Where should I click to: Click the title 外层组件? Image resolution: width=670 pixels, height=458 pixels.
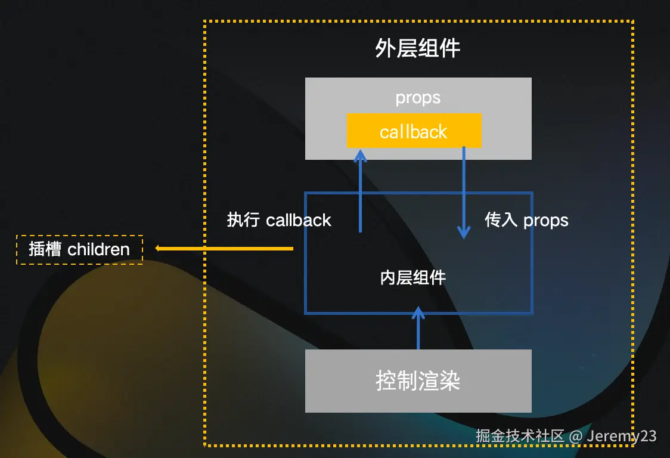(x=418, y=49)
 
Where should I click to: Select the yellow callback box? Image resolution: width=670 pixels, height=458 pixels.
(x=414, y=131)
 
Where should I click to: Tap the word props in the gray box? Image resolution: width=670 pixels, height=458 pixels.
(x=418, y=98)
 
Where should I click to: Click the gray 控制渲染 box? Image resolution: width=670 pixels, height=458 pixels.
(x=418, y=380)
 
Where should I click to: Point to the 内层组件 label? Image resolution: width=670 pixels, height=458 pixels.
(x=413, y=277)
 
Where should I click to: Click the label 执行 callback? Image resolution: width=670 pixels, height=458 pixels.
(x=279, y=220)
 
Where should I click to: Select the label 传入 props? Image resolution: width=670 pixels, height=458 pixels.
(x=526, y=220)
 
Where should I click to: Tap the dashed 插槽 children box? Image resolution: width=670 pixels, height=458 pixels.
(x=79, y=249)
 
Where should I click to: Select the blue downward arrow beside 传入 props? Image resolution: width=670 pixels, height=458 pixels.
(x=464, y=191)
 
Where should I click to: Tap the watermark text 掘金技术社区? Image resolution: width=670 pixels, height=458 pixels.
(x=520, y=436)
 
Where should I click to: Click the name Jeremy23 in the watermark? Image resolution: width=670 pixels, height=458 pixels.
(x=622, y=436)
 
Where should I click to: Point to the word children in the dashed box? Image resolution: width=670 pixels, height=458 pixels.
(x=98, y=249)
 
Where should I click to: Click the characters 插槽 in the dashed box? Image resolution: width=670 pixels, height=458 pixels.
(x=45, y=249)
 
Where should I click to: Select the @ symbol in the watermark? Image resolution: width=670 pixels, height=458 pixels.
(x=575, y=436)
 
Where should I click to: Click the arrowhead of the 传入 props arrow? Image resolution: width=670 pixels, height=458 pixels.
(x=464, y=233)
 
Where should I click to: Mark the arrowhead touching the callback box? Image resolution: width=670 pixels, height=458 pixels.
(x=360, y=154)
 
